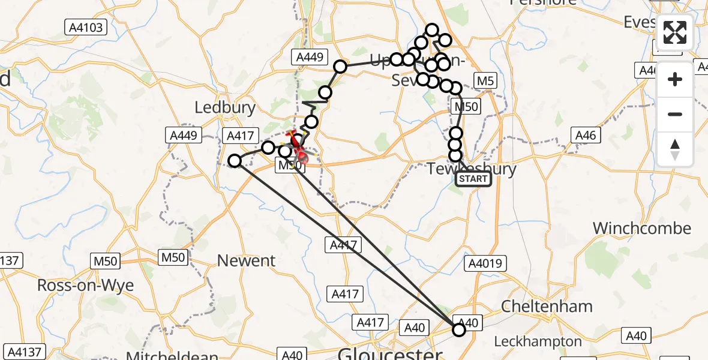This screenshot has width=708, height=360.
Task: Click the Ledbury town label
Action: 225,108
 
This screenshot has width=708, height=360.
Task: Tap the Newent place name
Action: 246,261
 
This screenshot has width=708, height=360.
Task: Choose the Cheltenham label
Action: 547,306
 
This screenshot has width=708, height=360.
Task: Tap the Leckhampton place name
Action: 538,341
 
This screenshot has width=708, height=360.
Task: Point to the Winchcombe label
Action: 642,229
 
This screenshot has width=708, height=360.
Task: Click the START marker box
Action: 473,179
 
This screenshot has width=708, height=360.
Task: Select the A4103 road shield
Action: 86,26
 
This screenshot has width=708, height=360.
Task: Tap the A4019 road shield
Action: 487,263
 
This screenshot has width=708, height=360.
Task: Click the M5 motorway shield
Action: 484,80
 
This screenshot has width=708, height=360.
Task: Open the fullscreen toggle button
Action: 675,32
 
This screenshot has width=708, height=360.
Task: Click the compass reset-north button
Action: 675,148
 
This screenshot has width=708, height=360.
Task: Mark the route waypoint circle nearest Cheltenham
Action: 459,329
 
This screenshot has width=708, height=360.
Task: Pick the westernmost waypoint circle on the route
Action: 235,160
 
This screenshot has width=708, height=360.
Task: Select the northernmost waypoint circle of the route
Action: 432,29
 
